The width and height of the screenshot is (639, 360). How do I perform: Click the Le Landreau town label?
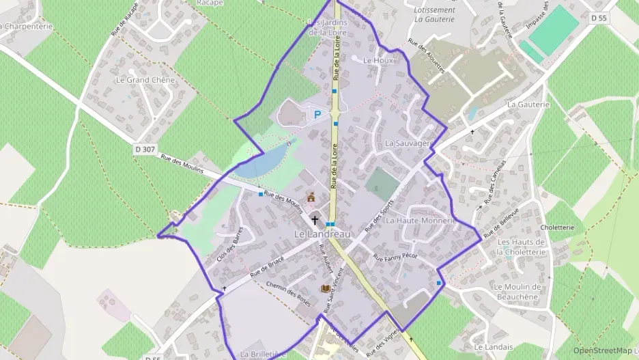(x=322, y=234)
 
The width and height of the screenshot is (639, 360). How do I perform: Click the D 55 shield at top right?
(x=599, y=18)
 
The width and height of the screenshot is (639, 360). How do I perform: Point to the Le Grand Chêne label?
(x=145, y=80)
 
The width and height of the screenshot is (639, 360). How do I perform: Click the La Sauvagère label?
(x=409, y=143)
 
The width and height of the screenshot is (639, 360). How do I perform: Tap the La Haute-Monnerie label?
(x=420, y=221)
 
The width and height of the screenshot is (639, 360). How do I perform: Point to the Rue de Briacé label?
(x=267, y=265)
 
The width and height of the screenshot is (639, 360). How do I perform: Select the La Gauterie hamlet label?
(x=528, y=105)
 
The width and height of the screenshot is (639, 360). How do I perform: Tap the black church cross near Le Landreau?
(x=315, y=220)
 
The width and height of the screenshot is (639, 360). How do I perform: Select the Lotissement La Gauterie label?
(x=435, y=14)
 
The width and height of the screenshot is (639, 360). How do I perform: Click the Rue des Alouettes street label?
(x=427, y=57)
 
